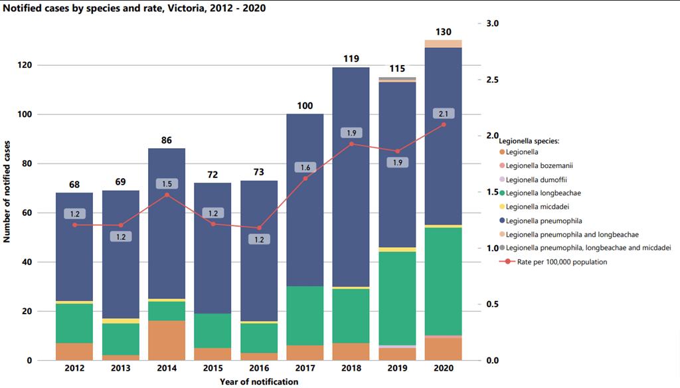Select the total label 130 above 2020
(x=443, y=32)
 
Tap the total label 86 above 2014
(x=166, y=140)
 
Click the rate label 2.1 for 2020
(x=443, y=114)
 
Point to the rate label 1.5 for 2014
(x=166, y=183)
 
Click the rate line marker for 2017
(x=305, y=178)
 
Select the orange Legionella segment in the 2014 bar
(x=166, y=340)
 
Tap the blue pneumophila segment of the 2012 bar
(x=74, y=246)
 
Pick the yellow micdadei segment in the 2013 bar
(x=120, y=321)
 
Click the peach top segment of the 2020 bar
(x=443, y=44)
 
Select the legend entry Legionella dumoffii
(x=536, y=179)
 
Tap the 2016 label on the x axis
(x=259, y=367)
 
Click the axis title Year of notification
(x=259, y=381)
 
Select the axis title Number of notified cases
(x=7, y=191)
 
